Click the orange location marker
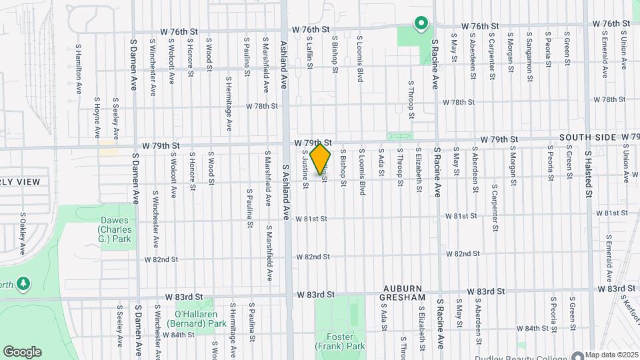click(x=321, y=159)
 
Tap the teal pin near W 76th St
click(x=421, y=25)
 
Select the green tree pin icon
click(x=23, y=284)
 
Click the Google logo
click(x=22, y=352)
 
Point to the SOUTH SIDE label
click(x=587, y=137)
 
